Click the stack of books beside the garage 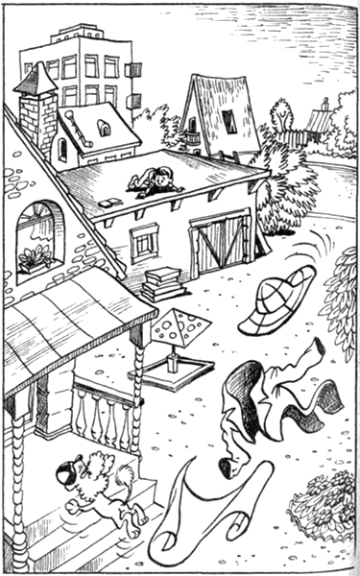[x=164, y=284]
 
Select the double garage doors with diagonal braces [x=220, y=244]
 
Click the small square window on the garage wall [x=145, y=241]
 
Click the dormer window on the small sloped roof [x=104, y=127]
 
